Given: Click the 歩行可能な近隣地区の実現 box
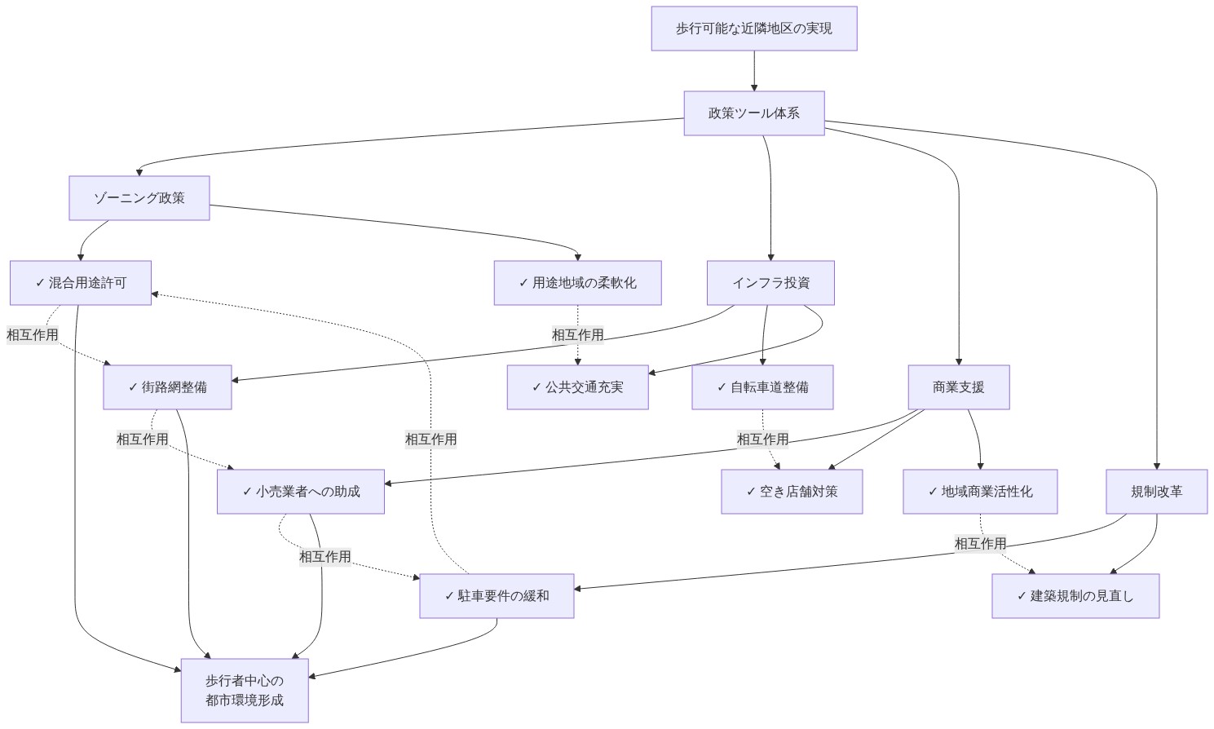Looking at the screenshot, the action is [754, 29].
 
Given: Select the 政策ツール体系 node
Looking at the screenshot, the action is [754, 113].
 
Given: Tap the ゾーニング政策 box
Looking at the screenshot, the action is [139, 198].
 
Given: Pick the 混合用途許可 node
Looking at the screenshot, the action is [81, 283].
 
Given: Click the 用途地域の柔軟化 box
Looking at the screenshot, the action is [578, 283].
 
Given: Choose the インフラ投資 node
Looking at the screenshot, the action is [770, 283].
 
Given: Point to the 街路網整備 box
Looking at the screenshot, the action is [167, 387].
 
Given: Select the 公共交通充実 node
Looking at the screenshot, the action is [578, 387].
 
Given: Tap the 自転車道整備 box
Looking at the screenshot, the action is [762, 387].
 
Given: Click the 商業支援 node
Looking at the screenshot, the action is [959, 387].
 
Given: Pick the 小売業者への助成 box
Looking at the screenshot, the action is [301, 492].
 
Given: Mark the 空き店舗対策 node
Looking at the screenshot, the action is [792, 492].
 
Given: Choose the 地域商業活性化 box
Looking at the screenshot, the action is [980, 492].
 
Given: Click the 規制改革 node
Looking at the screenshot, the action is [1157, 492].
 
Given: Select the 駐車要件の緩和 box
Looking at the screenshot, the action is [497, 596].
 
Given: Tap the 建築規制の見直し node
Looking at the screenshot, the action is [1075, 596].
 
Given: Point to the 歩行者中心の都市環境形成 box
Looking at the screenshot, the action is [245, 691].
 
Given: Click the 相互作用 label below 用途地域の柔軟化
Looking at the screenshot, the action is [578, 335].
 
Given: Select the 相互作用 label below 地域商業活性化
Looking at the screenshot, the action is [981, 544].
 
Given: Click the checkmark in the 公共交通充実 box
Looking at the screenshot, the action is [536, 387].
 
